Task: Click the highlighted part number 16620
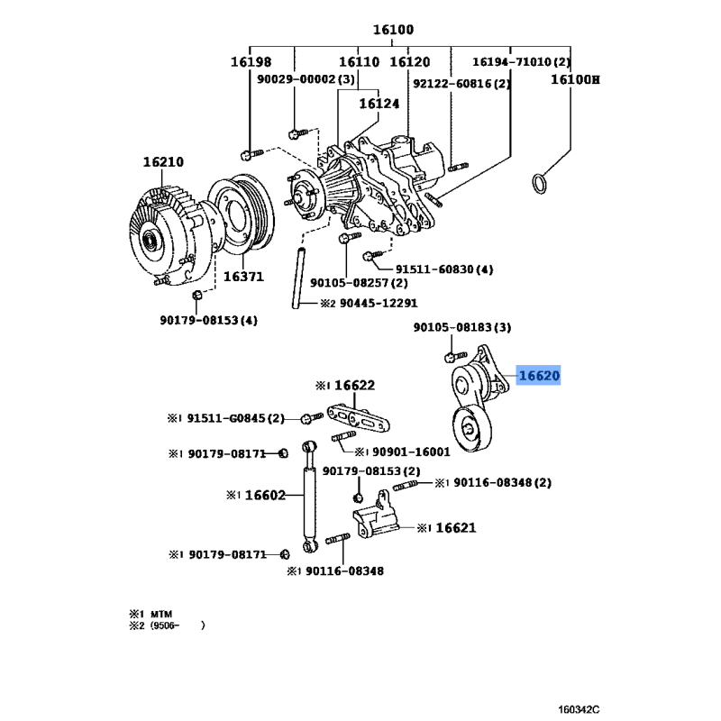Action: (x=539, y=376)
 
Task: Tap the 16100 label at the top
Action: (x=393, y=30)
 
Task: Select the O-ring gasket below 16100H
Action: (x=540, y=183)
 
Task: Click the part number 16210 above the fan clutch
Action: (x=163, y=162)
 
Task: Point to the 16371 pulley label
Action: (x=243, y=277)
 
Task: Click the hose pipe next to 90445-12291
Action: (x=298, y=278)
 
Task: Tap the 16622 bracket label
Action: (x=354, y=385)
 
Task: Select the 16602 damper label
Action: (x=265, y=495)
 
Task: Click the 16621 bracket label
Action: (x=456, y=527)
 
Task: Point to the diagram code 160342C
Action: (x=579, y=709)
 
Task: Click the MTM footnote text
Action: (x=161, y=614)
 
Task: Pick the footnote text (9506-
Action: (x=165, y=625)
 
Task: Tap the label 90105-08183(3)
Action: (x=462, y=327)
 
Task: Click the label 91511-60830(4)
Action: (x=444, y=269)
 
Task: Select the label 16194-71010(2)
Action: (x=522, y=61)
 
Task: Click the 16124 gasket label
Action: (x=379, y=104)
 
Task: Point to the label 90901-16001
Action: (x=411, y=452)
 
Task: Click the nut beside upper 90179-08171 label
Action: (x=284, y=454)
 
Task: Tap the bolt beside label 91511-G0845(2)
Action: (x=312, y=417)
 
